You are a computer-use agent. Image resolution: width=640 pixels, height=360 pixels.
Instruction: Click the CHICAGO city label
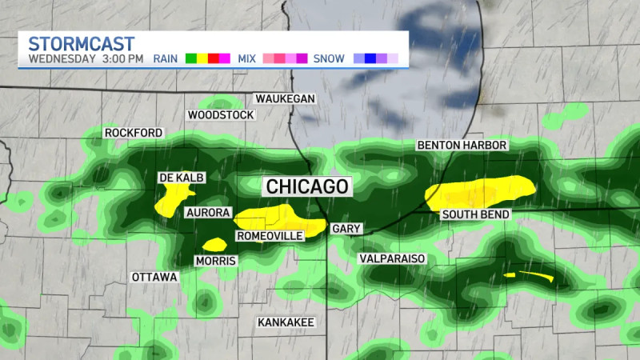[308, 186]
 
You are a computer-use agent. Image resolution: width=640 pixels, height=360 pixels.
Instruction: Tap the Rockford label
[133, 133]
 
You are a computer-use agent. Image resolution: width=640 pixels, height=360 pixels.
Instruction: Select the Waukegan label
[286, 98]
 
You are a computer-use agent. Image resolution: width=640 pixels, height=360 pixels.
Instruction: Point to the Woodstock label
[221, 115]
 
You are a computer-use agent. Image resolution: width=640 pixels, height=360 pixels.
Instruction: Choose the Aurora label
[208, 213]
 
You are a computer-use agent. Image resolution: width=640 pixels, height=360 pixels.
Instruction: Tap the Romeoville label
[270, 236]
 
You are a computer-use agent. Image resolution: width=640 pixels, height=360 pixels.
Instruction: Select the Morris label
[214, 262]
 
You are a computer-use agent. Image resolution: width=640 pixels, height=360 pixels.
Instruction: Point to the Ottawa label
[154, 277]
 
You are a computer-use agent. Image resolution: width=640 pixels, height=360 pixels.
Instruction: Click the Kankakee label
[286, 322]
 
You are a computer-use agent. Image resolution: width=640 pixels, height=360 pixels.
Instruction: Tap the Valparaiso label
[392, 259]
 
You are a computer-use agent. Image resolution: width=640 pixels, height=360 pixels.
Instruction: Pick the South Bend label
[475, 215]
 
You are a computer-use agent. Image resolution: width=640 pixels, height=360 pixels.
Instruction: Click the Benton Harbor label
[462, 146]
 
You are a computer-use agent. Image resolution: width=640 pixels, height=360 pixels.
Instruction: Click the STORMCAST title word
[81, 43]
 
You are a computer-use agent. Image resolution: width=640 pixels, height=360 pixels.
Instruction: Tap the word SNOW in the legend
[330, 58]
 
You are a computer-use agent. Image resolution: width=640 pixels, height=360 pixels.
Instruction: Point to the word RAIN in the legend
[166, 58]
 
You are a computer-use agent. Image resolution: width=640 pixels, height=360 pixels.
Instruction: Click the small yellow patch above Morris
[214, 244]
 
